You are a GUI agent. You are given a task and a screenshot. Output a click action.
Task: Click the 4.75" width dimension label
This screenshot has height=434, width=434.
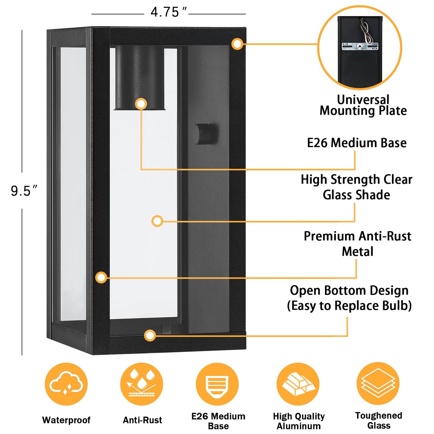coord(168,13)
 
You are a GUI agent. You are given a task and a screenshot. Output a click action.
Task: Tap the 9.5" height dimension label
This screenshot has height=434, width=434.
coord(24,191)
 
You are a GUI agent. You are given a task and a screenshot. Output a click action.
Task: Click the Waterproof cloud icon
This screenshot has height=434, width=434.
coord(66,384)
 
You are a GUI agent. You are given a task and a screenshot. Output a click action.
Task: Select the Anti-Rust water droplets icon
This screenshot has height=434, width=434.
coord(141,384)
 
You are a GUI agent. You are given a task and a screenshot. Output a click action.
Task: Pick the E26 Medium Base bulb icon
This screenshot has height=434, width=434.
coord(217,384)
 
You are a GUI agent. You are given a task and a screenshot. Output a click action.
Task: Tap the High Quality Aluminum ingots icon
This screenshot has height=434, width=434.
coord(298,384)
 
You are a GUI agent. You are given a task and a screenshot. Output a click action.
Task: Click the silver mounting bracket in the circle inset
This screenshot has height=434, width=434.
coord(360,47)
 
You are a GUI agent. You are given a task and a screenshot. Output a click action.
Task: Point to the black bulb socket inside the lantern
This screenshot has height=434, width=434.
coord(140,78)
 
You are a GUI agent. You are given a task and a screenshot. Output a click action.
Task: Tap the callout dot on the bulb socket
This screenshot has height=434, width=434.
coord(141,104)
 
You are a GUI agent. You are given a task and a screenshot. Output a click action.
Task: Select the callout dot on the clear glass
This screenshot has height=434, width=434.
coord(157,221)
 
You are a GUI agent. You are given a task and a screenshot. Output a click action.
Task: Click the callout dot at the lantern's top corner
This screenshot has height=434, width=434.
coord(237,44)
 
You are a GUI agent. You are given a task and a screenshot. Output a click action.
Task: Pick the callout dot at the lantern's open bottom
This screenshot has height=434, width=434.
coord(150,335)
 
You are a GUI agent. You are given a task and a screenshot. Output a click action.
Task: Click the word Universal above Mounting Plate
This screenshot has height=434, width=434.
coord(363,100)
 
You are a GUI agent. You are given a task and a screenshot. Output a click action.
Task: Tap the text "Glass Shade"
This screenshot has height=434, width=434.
coord(356,195)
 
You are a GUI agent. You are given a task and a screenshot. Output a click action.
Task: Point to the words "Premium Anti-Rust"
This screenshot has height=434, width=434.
coord(357,236)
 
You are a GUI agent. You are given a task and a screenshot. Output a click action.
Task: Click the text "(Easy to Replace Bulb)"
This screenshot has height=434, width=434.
coord(349,306)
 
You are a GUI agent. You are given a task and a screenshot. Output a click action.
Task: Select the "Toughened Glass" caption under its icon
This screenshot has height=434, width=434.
coord(378,420)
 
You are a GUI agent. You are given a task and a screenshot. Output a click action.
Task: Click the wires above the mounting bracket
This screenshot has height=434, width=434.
coord(367,30)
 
